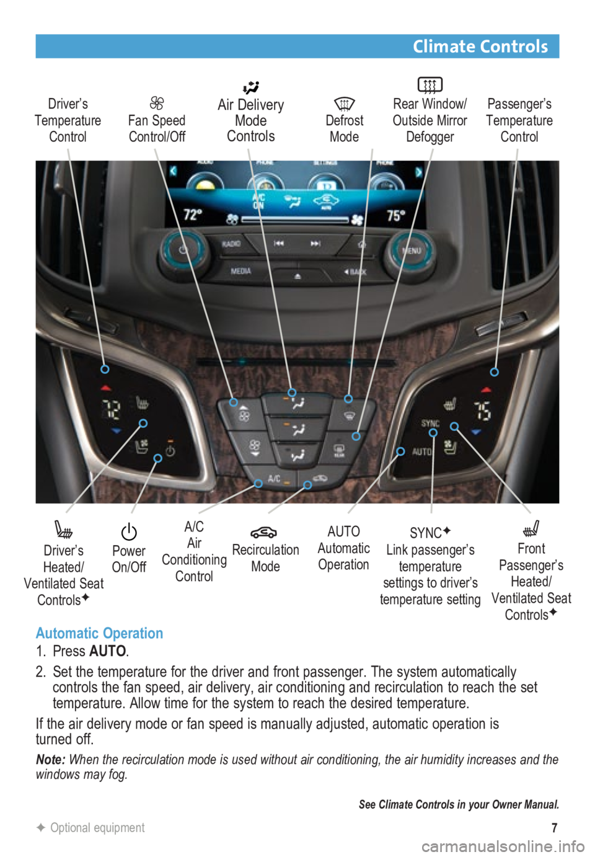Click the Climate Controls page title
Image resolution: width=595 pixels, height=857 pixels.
[x=480, y=47]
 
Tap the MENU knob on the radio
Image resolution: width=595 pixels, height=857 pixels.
[x=410, y=251]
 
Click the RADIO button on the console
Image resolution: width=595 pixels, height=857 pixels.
[x=231, y=244]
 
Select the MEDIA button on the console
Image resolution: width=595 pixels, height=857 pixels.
[x=240, y=271]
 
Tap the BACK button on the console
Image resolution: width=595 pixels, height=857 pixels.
[x=355, y=272]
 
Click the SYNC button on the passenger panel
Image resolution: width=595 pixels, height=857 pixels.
[x=430, y=423]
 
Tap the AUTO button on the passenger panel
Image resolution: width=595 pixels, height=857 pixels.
[x=421, y=451]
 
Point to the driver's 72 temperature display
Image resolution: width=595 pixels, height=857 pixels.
[x=112, y=409]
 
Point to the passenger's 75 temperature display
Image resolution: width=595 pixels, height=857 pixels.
[x=482, y=411]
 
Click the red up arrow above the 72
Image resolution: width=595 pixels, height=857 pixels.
[x=105, y=388]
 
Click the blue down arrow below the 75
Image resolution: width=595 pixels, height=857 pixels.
[x=475, y=432]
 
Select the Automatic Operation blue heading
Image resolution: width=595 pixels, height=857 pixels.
[x=99, y=633]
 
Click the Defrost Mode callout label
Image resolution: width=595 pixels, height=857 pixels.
[x=345, y=120]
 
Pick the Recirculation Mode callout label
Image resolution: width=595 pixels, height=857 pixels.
[x=265, y=557]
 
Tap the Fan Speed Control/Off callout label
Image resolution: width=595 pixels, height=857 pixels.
[x=157, y=128]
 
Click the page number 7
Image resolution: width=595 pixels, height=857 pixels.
[x=554, y=827]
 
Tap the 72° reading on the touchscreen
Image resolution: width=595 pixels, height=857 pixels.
[x=193, y=215]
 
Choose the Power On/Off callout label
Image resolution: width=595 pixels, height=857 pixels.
[x=129, y=558]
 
